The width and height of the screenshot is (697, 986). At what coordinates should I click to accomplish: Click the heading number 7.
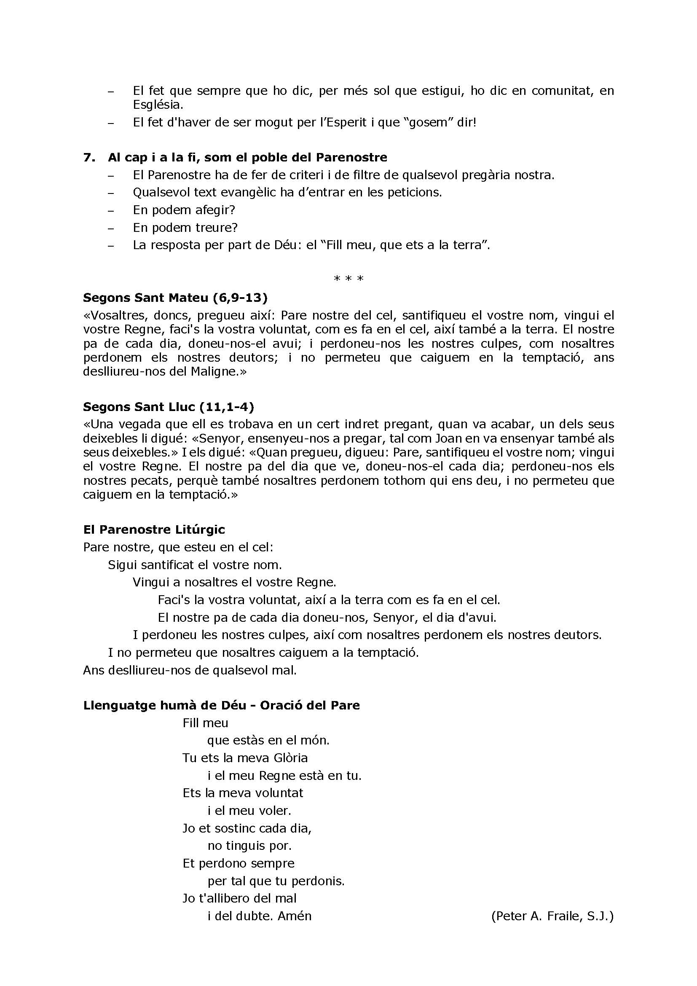[x=89, y=157]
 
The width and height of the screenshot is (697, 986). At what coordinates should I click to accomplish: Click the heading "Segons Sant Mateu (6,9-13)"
[x=175, y=297]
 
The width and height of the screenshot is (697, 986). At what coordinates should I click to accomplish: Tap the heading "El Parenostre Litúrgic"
[x=154, y=529]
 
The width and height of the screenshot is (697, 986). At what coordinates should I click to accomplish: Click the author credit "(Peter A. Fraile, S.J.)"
[x=552, y=916]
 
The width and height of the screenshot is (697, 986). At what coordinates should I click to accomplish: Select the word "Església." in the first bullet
[x=158, y=105]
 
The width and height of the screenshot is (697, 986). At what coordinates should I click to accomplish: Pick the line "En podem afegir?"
[x=184, y=210]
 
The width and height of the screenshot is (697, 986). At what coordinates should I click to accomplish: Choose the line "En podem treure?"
[x=185, y=227]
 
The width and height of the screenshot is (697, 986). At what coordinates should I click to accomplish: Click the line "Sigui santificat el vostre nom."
[x=195, y=564]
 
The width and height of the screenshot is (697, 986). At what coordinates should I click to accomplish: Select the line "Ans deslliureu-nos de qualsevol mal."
[x=190, y=670]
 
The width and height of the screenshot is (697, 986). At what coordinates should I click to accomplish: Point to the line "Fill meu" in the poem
[x=205, y=723]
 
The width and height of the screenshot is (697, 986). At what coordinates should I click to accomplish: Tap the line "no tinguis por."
[x=249, y=846]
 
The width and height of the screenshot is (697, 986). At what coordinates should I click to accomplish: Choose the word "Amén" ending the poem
[x=295, y=916]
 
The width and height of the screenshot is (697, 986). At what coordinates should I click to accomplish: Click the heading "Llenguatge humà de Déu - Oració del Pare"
[x=222, y=705]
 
